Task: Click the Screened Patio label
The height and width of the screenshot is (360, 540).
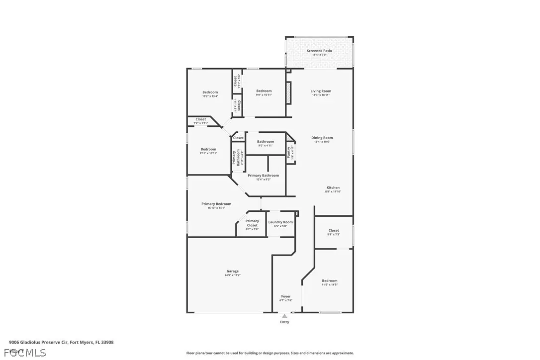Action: click(319, 51)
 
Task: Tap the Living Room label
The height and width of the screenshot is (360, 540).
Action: click(321, 91)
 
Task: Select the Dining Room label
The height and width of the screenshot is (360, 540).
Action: click(322, 138)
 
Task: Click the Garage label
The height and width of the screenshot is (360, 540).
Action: click(233, 271)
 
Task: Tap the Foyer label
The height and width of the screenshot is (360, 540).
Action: click(286, 296)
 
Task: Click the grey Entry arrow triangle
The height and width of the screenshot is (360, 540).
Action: click(284, 316)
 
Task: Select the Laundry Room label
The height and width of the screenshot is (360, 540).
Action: click(281, 222)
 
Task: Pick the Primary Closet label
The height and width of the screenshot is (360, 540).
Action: click(252, 223)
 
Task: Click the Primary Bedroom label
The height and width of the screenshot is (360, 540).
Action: click(216, 204)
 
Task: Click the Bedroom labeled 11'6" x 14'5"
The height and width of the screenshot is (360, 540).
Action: click(329, 280)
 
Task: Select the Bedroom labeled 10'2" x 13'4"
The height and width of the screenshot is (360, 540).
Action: click(210, 92)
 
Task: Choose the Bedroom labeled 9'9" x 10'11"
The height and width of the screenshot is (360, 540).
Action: click(264, 91)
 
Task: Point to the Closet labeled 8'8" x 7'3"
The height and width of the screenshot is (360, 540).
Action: click(334, 230)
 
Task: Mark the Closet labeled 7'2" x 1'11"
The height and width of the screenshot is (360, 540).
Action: click(200, 119)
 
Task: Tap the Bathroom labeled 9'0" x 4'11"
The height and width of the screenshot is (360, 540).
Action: click(265, 142)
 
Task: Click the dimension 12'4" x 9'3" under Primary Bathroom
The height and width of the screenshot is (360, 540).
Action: click(263, 180)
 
